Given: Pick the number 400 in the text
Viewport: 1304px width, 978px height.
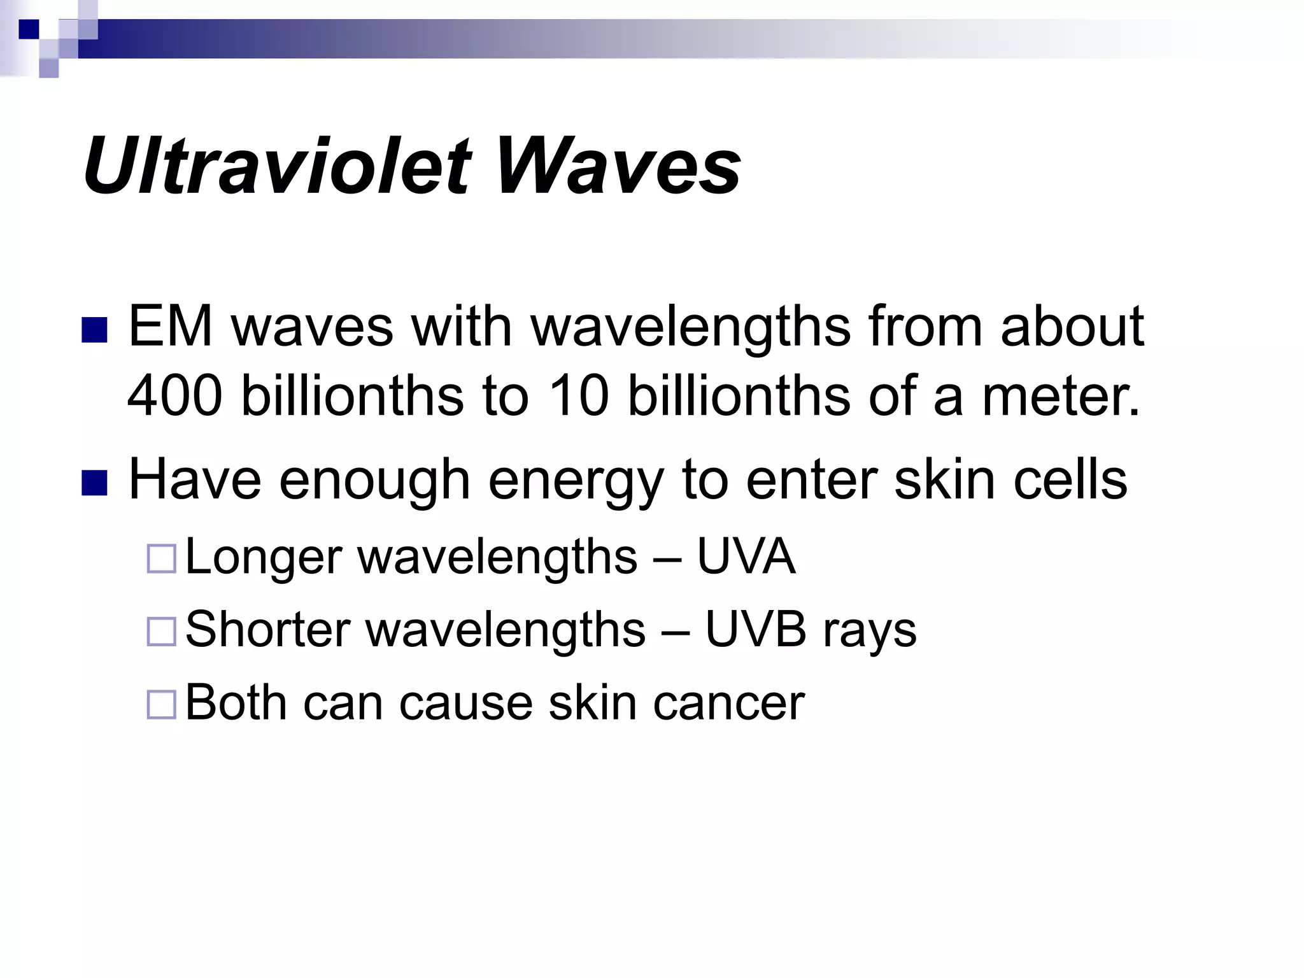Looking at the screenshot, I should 175,396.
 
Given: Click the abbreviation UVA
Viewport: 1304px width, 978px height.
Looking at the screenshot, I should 746,556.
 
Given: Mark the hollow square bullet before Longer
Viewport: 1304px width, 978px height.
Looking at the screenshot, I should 161,559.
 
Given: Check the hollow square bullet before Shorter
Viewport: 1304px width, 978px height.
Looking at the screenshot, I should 161,632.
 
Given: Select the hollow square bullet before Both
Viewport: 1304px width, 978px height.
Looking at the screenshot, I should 161,705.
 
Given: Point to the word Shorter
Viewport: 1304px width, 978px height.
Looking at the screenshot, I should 268,630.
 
